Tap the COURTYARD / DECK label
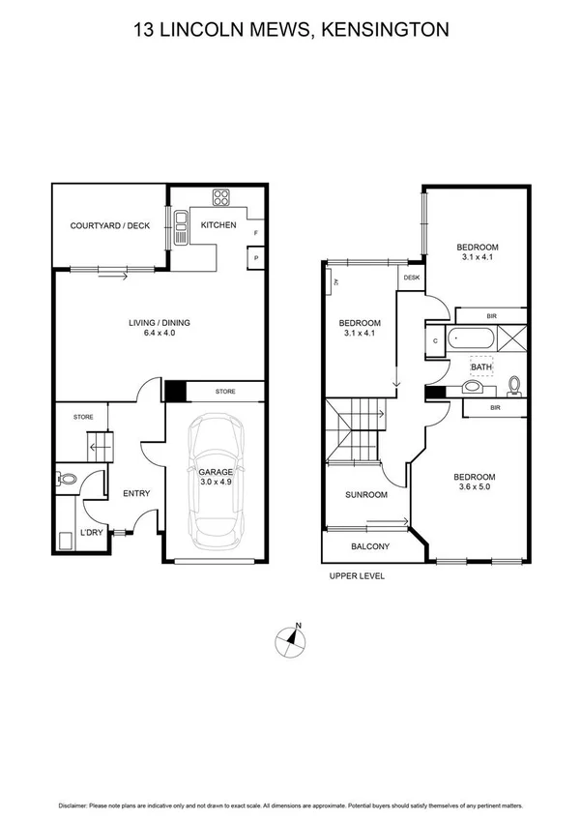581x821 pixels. click(x=110, y=225)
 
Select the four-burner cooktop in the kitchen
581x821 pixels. click(x=220, y=197)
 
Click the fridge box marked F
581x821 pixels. click(x=255, y=233)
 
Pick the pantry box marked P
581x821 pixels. click(x=255, y=258)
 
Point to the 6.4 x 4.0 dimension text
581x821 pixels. click(x=158, y=334)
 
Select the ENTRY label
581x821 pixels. click(x=135, y=494)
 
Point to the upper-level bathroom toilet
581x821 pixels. click(x=514, y=386)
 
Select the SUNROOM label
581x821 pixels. click(x=366, y=495)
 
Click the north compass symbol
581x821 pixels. click(x=290, y=640)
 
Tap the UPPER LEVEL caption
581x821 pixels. click(x=358, y=575)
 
